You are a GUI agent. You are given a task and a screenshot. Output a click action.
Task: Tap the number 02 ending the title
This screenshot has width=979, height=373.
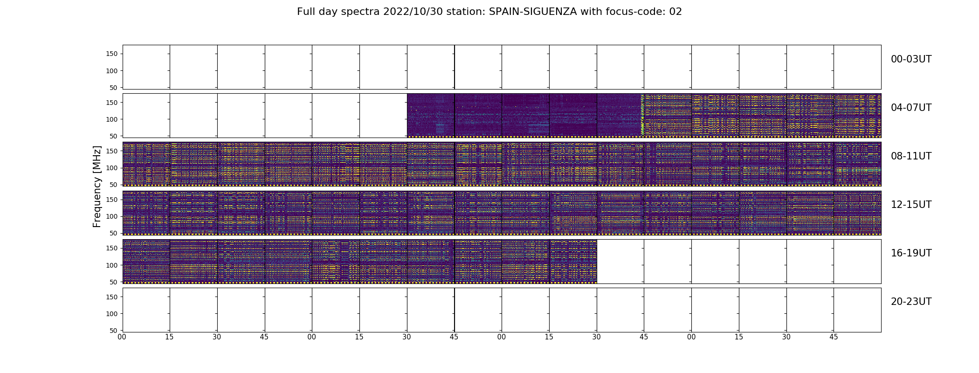pos(676,12)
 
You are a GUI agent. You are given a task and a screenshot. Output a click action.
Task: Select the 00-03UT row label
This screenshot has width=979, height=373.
pos(911,59)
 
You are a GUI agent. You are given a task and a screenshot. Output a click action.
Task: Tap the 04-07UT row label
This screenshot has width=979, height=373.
pos(911,108)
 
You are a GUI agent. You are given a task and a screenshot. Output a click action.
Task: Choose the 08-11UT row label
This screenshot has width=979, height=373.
pos(911,156)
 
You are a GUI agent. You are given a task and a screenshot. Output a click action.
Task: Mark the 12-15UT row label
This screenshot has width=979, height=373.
pos(911,205)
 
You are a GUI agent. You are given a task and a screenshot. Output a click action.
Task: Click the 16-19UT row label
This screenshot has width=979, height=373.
pos(911,253)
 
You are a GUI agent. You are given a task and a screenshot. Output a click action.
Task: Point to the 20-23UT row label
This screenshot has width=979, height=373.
pos(911,302)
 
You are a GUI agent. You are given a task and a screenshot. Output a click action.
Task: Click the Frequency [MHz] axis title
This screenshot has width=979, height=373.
pos(97,186)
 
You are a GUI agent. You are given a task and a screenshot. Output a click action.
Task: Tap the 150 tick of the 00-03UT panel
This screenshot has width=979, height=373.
pos(112,54)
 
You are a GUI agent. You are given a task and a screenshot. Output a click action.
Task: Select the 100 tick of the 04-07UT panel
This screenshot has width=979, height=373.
pos(112,119)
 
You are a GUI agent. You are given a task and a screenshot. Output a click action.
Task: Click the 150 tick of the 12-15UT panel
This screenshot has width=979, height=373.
pos(112,200)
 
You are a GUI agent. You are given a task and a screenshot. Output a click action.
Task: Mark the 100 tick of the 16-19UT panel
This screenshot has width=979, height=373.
pos(112,265)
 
